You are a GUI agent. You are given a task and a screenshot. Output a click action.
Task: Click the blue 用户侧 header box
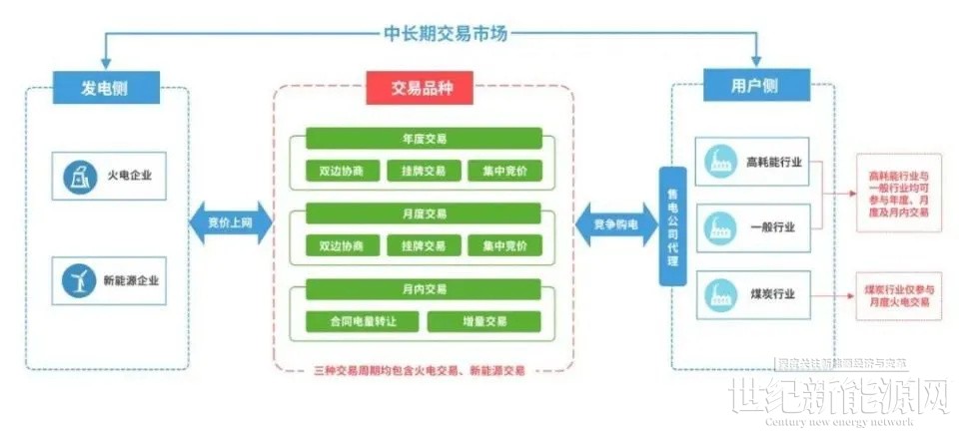754,86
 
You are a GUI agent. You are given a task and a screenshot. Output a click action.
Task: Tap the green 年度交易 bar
423,139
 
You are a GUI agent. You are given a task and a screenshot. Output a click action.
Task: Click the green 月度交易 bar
423,214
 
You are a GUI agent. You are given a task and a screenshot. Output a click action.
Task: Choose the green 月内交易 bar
423,289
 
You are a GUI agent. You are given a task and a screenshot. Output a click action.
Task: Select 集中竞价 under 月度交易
503,245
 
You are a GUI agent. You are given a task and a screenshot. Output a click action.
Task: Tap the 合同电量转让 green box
362,321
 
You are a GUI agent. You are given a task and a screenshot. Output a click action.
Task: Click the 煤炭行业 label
772,293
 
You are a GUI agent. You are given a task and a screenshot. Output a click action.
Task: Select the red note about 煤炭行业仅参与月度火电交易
896,294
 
